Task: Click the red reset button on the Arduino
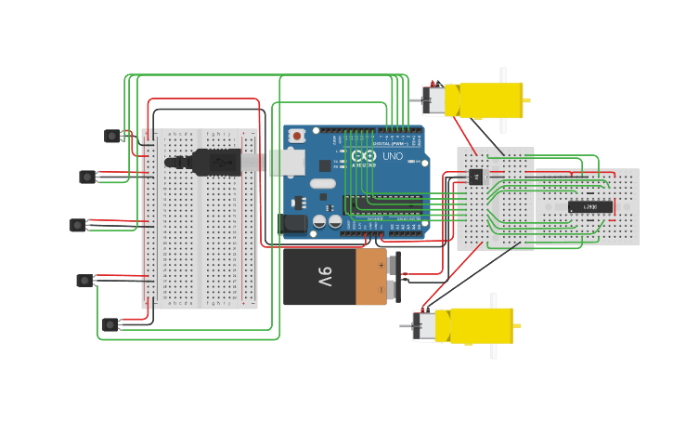296,136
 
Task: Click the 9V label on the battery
324,276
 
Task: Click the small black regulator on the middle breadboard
476,176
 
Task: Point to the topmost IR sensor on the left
112,136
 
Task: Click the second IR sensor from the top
87,177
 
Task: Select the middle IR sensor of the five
78,224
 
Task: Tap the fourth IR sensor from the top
84,280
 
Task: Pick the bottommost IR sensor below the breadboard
110,324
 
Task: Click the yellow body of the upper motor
483,99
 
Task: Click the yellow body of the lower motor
479,326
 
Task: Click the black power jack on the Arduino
292,223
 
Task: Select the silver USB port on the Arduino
287,162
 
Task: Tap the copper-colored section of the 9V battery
371,276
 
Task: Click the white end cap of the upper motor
434,99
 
